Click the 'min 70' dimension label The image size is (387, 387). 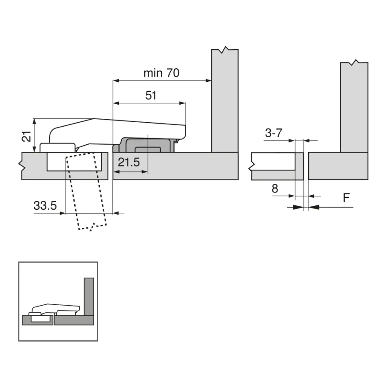click(x=161, y=73)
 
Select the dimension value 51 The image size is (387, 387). click(x=151, y=95)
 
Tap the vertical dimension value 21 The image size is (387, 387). click(x=27, y=136)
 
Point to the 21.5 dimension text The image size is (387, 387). click(x=129, y=162)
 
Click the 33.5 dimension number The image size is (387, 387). click(x=45, y=206)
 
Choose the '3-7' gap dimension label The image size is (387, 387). click(x=274, y=133)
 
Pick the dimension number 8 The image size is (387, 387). click(x=275, y=189)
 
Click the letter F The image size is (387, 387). click(x=346, y=198)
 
